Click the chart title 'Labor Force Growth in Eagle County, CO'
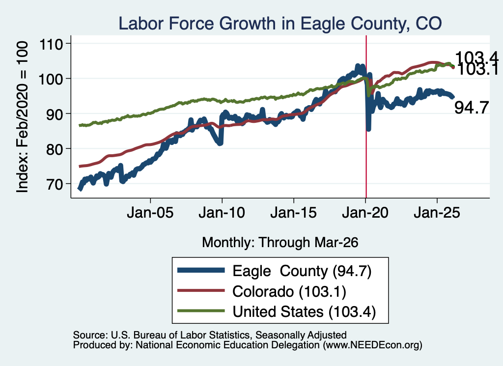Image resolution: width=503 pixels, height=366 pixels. click(x=280, y=24)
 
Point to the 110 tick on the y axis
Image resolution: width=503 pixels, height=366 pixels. click(x=51, y=44)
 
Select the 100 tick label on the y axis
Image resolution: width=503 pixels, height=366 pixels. click(x=51, y=79)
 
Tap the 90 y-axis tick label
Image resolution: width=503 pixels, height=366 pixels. click(x=54, y=114)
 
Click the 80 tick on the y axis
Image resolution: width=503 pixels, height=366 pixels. click(x=54, y=149)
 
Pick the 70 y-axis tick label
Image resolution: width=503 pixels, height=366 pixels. click(x=54, y=184)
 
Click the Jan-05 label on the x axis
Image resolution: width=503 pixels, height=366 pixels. click(x=150, y=213)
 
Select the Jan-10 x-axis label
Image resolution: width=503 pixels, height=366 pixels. click(x=222, y=213)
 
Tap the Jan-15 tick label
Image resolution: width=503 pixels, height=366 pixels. click(x=294, y=213)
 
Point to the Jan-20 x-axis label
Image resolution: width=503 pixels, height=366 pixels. click(x=365, y=213)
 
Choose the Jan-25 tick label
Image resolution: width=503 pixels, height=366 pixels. click(x=437, y=213)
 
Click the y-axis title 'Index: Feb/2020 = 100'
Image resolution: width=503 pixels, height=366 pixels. click(x=22, y=117)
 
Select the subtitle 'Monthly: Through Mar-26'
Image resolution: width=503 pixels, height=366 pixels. click(x=280, y=243)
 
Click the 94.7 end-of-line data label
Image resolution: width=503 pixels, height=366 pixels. click(x=472, y=108)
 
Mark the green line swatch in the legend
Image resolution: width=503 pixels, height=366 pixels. click(x=201, y=311)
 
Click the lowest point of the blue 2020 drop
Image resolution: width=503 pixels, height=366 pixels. click(x=368, y=129)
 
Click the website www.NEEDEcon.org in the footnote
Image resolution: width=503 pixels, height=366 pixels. click(x=372, y=345)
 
